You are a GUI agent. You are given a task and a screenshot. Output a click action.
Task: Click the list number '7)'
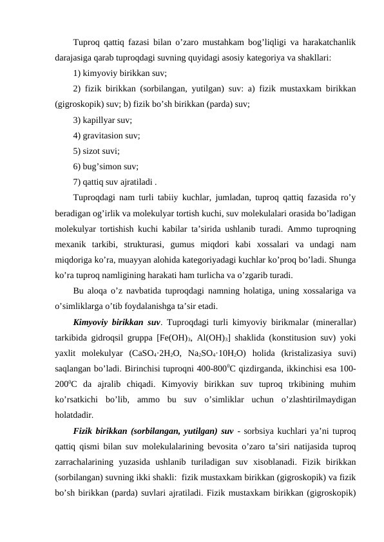tap(77, 183)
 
